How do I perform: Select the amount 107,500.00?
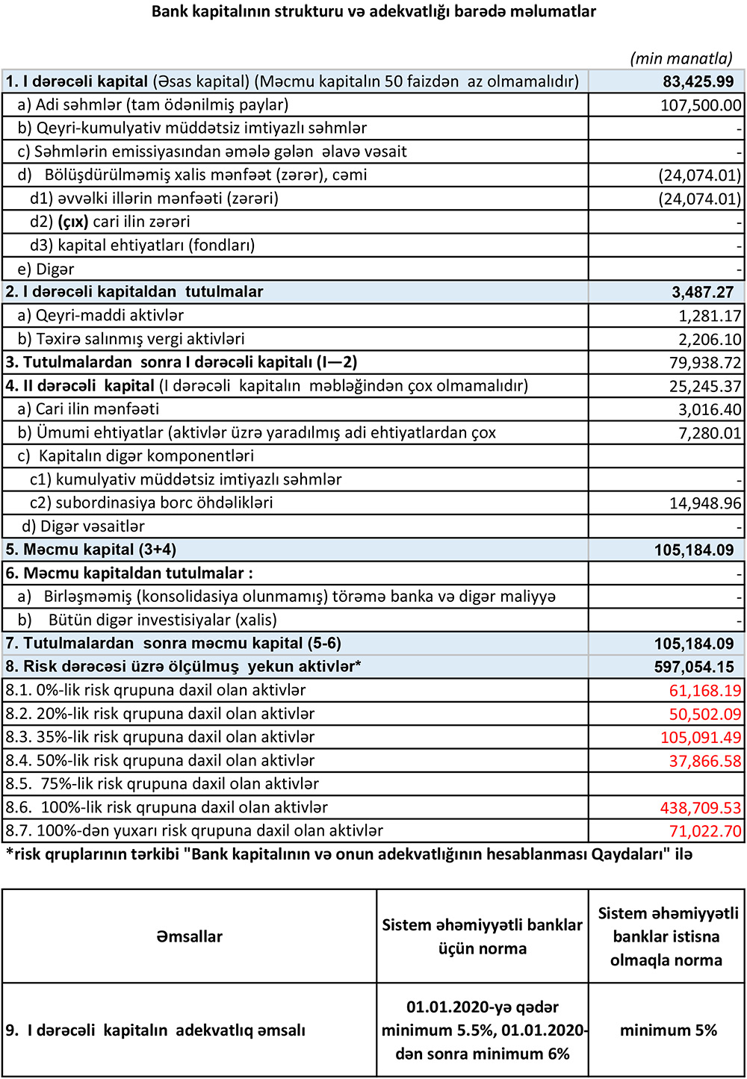tap(700, 105)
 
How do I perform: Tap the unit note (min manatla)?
tap(681, 58)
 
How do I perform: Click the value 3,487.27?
tap(702, 292)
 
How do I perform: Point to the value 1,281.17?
tap(710, 316)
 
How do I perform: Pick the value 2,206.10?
tap(710, 339)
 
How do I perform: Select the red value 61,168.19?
tap(704, 691)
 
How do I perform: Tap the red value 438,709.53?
tap(700, 808)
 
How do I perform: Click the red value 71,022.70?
tap(704, 831)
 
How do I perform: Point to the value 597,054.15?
tap(694, 667)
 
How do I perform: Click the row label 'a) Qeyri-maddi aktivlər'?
tap(100, 316)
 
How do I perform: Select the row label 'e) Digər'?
tap(46, 269)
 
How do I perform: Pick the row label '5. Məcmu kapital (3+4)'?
tap(90, 550)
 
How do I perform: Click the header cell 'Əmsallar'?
tap(189, 936)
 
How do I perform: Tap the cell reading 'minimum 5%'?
tap(668, 1030)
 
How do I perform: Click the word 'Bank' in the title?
tap(169, 11)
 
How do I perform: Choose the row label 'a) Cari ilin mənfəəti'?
tap(88, 409)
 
